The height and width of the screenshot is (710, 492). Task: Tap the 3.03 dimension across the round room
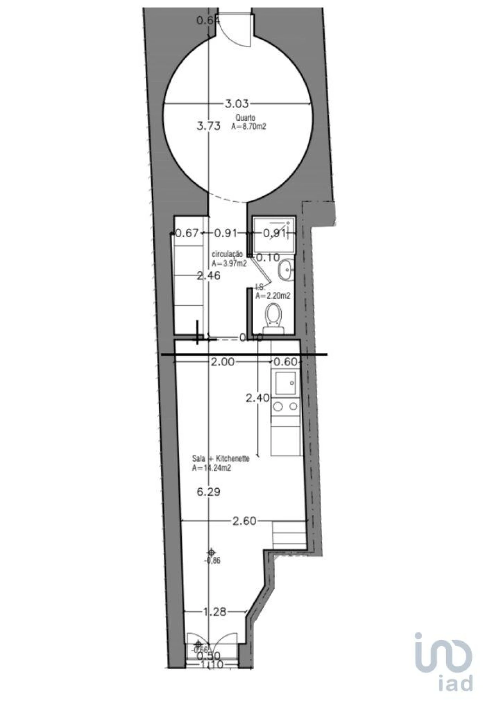tap(237, 104)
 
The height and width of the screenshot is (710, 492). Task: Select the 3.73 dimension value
tap(209, 126)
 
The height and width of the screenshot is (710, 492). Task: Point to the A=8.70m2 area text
tap(249, 126)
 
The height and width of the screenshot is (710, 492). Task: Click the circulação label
tap(227, 254)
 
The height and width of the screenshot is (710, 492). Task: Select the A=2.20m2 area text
tap(273, 296)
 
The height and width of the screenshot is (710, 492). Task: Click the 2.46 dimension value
tap(209, 275)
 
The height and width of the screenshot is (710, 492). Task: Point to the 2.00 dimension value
tap(223, 362)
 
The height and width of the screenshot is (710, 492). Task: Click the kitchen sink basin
tap(286, 383)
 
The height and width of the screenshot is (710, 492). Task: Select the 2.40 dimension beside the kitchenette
tap(258, 398)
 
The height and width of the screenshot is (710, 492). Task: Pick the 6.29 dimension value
tap(209, 492)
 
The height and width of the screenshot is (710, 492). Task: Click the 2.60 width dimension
tap(244, 521)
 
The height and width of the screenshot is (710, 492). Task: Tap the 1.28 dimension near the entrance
tap(215, 612)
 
